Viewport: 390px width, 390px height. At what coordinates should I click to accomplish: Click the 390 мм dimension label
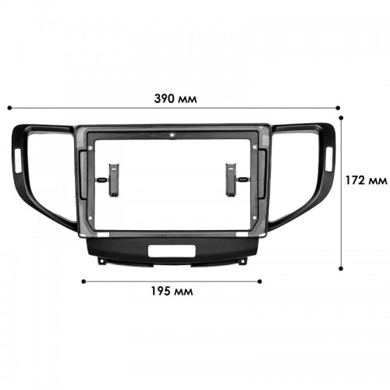[175, 99]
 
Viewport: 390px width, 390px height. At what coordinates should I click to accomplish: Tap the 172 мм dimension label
[366, 180]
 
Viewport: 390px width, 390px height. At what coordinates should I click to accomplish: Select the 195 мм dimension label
[172, 291]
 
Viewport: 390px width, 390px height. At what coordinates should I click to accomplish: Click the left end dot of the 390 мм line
[9, 108]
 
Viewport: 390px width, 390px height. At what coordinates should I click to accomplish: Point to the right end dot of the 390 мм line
[338, 108]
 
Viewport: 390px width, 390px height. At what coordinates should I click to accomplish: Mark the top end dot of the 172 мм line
[341, 118]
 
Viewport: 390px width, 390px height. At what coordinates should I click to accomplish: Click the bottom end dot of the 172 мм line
[341, 268]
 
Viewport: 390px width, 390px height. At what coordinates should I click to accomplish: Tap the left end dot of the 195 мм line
[83, 282]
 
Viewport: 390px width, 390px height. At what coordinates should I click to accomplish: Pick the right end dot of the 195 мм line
[259, 282]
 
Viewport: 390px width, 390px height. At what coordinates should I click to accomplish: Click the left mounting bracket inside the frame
[114, 180]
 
